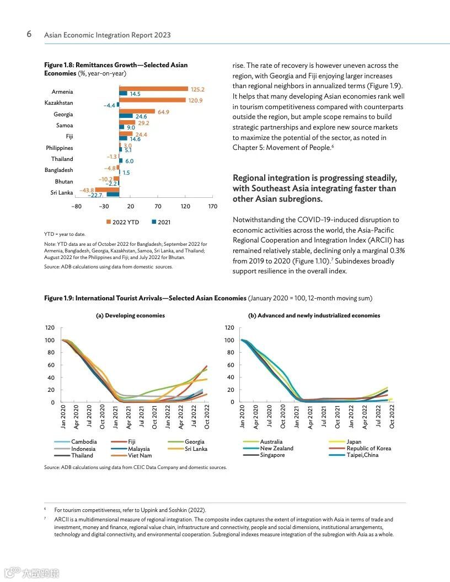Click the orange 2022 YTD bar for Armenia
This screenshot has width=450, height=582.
pos(154,89)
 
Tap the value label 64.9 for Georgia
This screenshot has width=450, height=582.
pos(163,112)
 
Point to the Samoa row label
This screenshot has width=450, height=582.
pos(65,125)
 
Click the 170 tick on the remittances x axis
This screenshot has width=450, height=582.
pos(212,207)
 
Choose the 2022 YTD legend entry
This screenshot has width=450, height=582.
pos(122,222)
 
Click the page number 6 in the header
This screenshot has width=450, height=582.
pos(29,34)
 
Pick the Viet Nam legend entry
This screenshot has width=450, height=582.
pos(138,455)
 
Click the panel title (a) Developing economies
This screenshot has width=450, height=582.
pos(130,316)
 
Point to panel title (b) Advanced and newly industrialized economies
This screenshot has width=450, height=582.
pos(314,316)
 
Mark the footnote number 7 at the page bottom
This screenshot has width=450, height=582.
pos(45,519)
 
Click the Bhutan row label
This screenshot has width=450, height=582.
pos(63,181)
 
